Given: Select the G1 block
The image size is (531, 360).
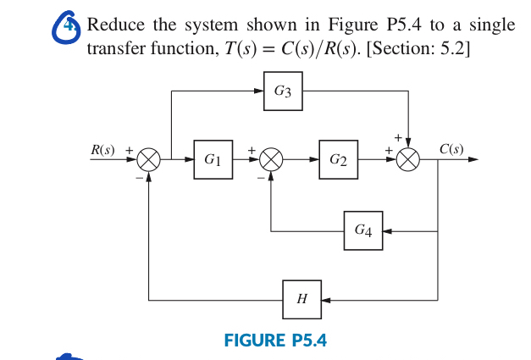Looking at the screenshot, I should tap(213, 158).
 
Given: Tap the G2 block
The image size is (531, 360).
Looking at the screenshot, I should tap(338, 158).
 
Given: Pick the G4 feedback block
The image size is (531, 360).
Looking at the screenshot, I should tap(362, 230).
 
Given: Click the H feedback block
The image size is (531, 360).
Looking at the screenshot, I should tap(302, 300).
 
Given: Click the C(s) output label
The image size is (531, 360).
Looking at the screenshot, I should tap(451, 149).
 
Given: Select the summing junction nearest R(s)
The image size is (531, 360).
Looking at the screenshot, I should tap(150, 158).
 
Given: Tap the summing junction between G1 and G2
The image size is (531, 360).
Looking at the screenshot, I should tap(271, 158).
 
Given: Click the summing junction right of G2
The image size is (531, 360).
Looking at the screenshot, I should tap(409, 158).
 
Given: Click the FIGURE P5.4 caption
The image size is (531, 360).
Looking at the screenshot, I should tap(275, 341).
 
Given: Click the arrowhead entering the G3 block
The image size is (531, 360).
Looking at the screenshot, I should tap(258, 91).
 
